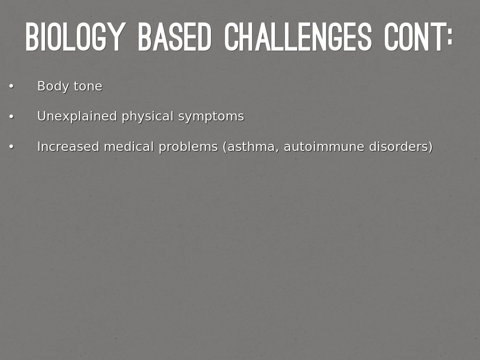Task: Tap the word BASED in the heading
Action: pos(174,37)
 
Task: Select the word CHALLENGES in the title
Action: pos(298,37)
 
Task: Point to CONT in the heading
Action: pos(413,37)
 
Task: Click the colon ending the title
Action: pos(450,37)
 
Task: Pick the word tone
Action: pos(88,87)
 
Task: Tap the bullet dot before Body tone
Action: pos(11,86)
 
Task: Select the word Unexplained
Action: pos(77,117)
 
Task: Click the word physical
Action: pos(148,117)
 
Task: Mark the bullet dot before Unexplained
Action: pos(11,117)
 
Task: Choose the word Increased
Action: pos(68,147)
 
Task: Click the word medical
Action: pos(129,147)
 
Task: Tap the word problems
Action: pos(188,147)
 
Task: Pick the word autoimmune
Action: pos(324,147)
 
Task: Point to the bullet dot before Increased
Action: pos(11,147)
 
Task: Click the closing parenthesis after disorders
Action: pos(430,147)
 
